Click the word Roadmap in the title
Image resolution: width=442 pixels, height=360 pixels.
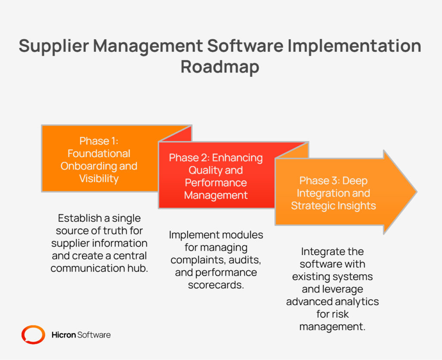pos(220,67)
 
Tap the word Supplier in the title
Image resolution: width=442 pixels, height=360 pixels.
pos(54,46)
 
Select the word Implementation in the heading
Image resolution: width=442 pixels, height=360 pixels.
pos(354,46)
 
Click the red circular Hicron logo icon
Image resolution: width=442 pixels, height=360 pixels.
pos(33,335)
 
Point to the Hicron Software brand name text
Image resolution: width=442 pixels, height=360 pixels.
pos(81,335)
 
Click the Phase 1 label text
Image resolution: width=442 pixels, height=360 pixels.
pos(99,141)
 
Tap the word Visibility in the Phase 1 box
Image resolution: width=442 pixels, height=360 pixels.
pos(99,178)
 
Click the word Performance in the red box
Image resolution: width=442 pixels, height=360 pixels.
pos(216,183)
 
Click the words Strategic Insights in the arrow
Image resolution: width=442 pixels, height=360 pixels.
pos(334,205)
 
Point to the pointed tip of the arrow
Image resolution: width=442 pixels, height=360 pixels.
pos(417,192)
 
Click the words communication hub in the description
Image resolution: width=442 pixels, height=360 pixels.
pos(99,268)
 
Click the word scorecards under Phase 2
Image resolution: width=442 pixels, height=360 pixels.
pos(216,285)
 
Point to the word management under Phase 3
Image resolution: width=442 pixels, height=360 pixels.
pos(332,327)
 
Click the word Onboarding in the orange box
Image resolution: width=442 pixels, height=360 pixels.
pos(88,166)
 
